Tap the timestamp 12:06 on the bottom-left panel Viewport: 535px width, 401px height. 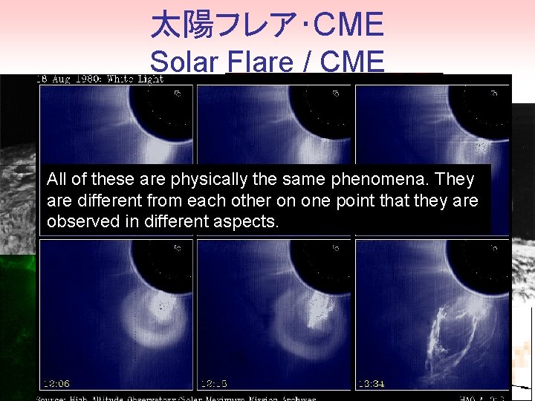pyautogui.click(x=57, y=383)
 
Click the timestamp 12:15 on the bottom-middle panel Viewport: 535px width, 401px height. pyautogui.click(x=214, y=383)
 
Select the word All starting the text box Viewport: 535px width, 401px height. pyautogui.click(x=56, y=179)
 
